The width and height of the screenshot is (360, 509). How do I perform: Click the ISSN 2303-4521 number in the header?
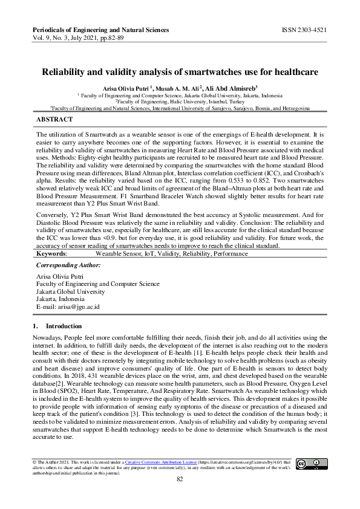(x=304, y=29)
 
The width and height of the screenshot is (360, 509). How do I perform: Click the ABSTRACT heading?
(x=55, y=119)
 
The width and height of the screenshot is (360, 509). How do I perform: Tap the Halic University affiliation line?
(x=180, y=102)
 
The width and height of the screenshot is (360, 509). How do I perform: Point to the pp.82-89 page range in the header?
(x=110, y=37)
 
